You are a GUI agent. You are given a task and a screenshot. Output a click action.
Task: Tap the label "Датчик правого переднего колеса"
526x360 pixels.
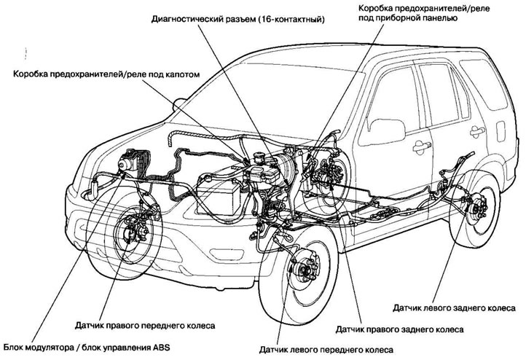coord(149,324)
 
